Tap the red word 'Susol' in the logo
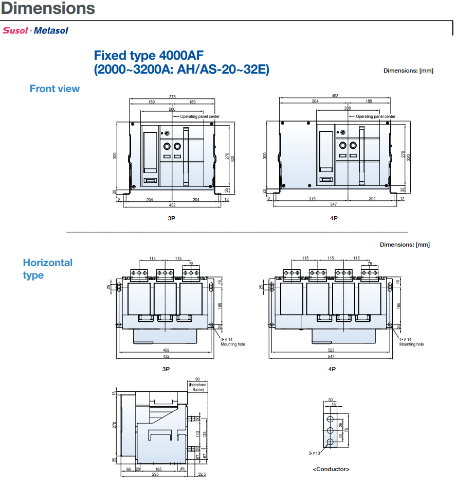15,30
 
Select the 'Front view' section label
54,89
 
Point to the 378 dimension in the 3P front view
172,96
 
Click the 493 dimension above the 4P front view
335,96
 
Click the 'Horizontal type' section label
48,269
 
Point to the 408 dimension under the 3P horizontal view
166,351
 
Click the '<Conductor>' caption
331,469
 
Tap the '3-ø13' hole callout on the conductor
315,454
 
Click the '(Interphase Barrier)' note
197,387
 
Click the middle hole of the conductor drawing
331,430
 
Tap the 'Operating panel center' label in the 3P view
199,117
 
